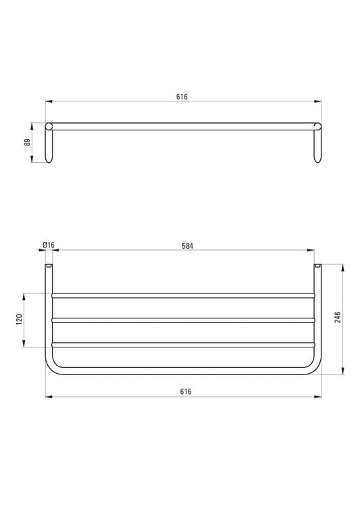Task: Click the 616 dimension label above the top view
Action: pyautogui.click(x=182, y=97)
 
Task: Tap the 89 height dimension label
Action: pyautogui.click(x=26, y=142)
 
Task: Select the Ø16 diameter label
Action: pyautogui.click(x=48, y=246)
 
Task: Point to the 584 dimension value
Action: pyautogui.click(x=187, y=246)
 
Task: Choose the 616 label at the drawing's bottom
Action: pyautogui.click(x=186, y=391)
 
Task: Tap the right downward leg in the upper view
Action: pyautogui.click(x=317, y=145)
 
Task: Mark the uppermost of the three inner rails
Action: pyautogui.click(x=182, y=295)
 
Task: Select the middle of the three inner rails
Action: pyautogui.click(x=182, y=320)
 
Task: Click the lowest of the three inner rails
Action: pyautogui.click(x=182, y=344)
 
